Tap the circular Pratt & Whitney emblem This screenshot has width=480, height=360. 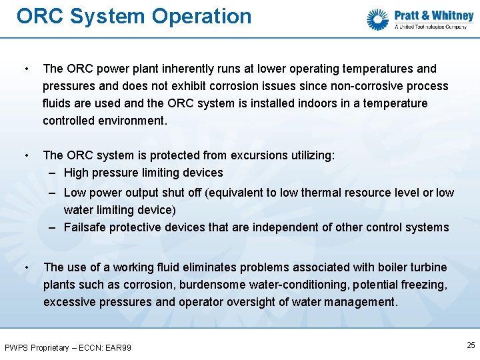(378, 19)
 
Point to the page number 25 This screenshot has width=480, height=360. (471, 345)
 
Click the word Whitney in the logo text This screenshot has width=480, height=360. (453, 15)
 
